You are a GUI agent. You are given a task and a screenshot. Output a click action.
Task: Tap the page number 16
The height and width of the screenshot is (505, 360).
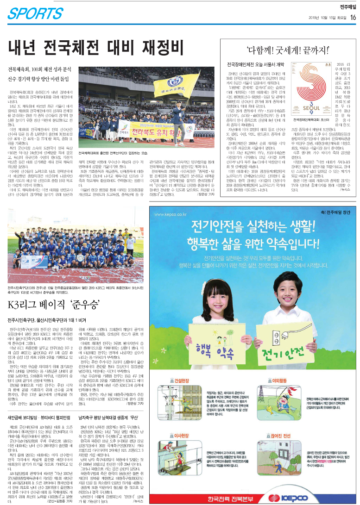(353, 18)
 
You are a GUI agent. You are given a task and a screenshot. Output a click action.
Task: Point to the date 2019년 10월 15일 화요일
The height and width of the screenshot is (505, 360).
(326, 18)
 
